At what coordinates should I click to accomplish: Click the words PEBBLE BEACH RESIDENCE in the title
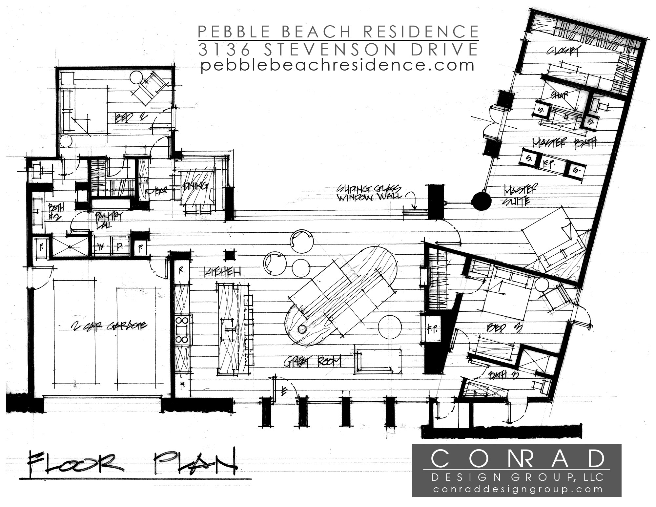pyautogui.click(x=338, y=32)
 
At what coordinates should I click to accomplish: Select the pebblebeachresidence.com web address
pyautogui.click(x=338, y=65)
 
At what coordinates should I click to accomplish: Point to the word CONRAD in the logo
pyautogui.click(x=517, y=458)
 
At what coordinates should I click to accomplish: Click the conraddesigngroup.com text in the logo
pyautogui.click(x=517, y=489)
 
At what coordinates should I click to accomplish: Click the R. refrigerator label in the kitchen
pyautogui.click(x=181, y=270)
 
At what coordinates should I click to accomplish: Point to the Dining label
pyautogui.click(x=196, y=187)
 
